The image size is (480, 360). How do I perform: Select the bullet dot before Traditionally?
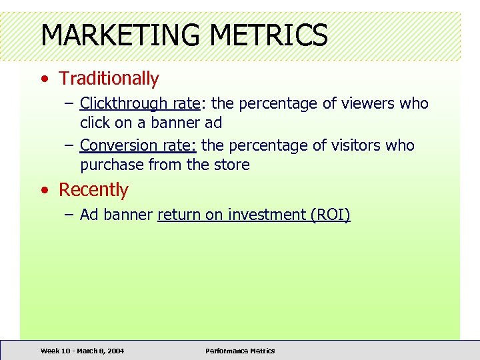pyautogui.click(x=44, y=79)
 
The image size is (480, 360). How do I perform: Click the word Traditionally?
pyautogui.click(x=109, y=79)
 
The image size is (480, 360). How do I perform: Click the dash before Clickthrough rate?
pyautogui.click(x=69, y=105)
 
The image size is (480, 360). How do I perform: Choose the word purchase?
pyautogui.click(x=111, y=165)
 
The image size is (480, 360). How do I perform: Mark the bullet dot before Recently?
pyautogui.click(x=44, y=191)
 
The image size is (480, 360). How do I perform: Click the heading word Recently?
pyautogui.click(x=93, y=190)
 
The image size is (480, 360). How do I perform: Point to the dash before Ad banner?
pyautogui.click(x=69, y=215)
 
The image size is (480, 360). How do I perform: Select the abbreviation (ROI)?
pyautogui.click(x=331, y=215)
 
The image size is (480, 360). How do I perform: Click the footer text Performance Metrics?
pyautogui.click(x=240, y=351)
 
